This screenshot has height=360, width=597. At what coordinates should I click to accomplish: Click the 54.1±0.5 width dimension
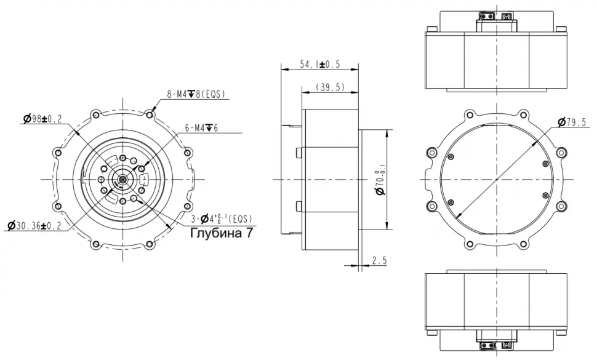(319, 65)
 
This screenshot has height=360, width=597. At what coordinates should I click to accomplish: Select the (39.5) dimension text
(329, 87)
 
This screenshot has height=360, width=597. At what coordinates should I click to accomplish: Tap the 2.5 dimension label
(379, 261)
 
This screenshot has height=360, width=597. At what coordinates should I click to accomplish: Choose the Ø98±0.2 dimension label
(42, 119)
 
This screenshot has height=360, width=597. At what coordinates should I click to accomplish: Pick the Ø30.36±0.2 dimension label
(34, 226)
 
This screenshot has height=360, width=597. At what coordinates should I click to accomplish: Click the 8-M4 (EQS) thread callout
(196, 94)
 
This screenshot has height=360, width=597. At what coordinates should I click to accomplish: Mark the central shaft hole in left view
(123, 179)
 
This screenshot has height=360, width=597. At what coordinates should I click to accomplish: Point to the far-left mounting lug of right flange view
(429, 179)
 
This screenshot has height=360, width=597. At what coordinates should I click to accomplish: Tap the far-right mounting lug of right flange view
(563, 179)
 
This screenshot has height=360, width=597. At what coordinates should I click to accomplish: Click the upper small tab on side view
(298, 153)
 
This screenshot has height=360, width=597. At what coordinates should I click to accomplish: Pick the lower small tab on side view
(298, 206)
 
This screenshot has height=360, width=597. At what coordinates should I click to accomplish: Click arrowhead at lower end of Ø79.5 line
(458, 217)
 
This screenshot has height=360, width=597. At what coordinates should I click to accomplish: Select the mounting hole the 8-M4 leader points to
(150, 114)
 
